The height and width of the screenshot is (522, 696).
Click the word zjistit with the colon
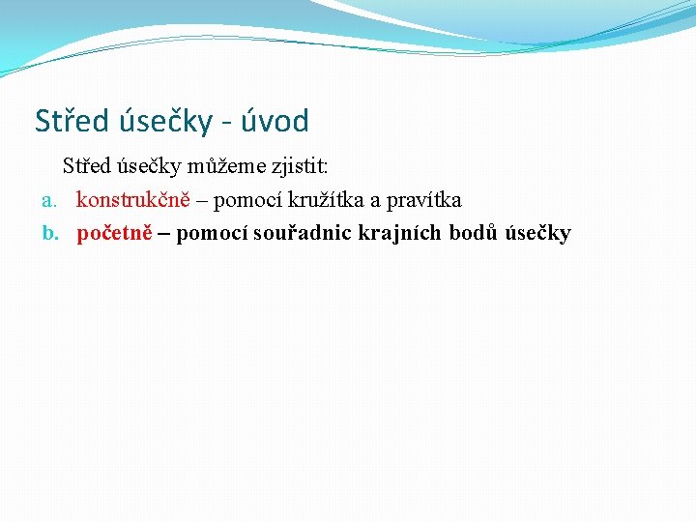click(300, 167)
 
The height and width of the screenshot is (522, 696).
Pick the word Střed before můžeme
click(85, 167)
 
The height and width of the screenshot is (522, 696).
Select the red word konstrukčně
click(132, 200)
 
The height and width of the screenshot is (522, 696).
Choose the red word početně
click(114, 233)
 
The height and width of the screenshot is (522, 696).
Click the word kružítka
click(324, 200)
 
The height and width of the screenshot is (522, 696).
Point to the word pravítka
click(422, 200)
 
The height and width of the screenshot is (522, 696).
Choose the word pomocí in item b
click(212, 233)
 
